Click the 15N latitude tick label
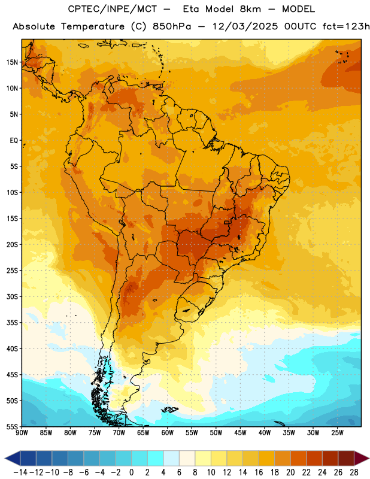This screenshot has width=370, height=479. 12,62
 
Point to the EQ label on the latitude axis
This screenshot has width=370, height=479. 14,141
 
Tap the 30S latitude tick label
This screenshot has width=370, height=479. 12,296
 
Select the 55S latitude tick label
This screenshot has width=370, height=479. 12,426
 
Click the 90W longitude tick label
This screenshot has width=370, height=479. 22,433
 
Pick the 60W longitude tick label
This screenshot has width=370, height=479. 168,433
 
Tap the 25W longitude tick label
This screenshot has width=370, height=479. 337,433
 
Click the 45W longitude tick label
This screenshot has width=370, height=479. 240,433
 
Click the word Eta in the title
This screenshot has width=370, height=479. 191,9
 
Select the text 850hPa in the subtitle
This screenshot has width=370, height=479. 172,26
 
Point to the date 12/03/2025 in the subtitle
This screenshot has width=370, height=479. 245,26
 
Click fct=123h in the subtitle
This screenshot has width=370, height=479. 346,26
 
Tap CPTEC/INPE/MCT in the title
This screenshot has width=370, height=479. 113,9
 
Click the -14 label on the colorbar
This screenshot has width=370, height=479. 20,472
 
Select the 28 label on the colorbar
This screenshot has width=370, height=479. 354,472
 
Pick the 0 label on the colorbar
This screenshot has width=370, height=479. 131,472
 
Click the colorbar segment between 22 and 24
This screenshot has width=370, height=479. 314,458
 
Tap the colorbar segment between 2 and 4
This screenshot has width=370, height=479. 156,458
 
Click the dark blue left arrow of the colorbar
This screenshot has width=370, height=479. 13,458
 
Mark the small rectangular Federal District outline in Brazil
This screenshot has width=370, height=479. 226,222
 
